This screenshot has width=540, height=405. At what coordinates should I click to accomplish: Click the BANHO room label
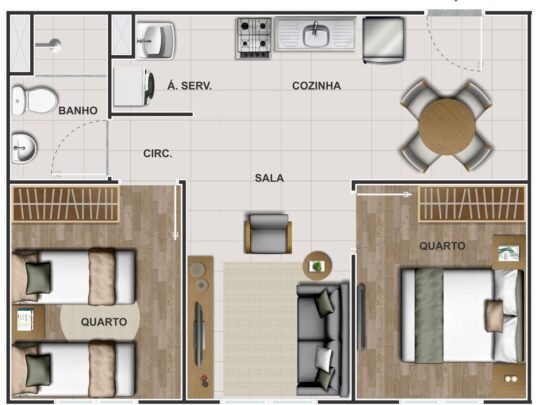[78, 111]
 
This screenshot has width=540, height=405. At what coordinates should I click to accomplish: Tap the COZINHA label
[316, 86]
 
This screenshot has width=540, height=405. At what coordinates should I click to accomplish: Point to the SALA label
[269, 178]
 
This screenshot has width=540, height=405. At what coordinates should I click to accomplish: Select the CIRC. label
[158, 154]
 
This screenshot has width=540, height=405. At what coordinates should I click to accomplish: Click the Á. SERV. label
[189, 85]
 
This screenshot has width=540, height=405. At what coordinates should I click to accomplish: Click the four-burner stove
[254, 38]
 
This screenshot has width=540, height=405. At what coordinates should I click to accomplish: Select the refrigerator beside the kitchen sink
[383, 40]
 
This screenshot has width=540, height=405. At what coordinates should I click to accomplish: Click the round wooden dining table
[447, 126]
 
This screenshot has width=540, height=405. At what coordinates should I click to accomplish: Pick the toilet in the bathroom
[34, 100]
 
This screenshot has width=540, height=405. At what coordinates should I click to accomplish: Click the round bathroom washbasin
[23, 148]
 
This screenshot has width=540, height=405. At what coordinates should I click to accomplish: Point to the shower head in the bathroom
[49, 45]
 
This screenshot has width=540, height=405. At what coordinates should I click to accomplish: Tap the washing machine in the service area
[134, 86]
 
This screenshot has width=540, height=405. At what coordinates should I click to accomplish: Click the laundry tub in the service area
[156, 40]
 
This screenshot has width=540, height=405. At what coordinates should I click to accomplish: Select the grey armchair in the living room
[268, 233]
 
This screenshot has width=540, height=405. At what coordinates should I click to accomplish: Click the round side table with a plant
[317, 266]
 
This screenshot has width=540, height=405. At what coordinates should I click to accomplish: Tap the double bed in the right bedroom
[463, 316]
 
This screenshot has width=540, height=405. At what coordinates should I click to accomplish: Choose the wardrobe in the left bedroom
[66, 204]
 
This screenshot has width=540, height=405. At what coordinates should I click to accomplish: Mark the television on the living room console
[198, 334]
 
